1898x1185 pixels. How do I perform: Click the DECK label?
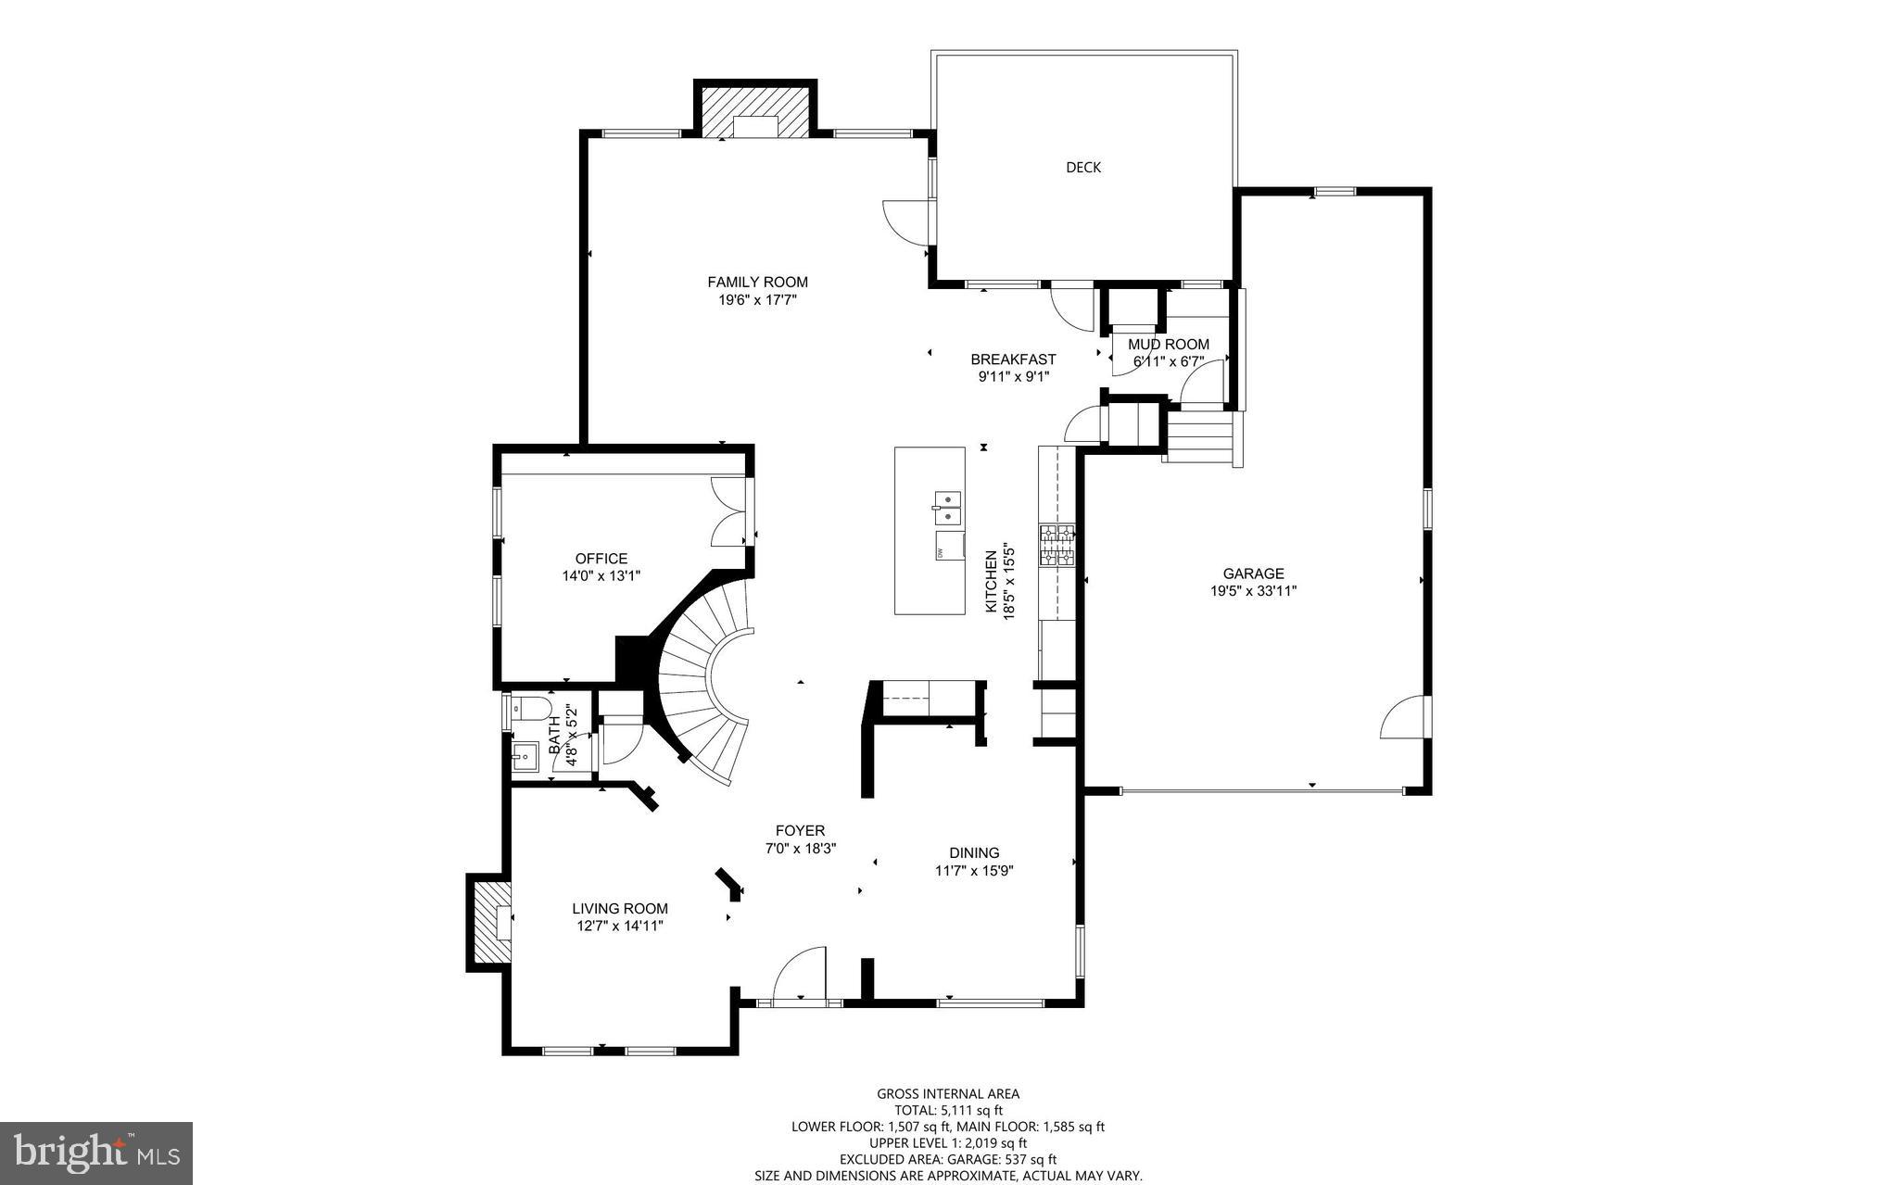(x=1082, y=168)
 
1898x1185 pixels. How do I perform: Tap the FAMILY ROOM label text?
(x=757, y=283)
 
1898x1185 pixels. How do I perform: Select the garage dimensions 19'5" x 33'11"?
(x=1253, y=590)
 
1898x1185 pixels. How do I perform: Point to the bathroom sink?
(x=525, y=755)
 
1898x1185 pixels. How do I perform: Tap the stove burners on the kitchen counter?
(x=1057, y=546)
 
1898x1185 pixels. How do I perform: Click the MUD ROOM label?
(x=1168, y=345)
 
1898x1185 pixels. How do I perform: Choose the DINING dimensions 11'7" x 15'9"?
(x=974, y=871)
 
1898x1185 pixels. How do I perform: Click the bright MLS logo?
(x=96, y=1153)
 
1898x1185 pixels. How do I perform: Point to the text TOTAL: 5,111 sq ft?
(x=948, y=1110)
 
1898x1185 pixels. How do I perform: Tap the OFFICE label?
(x=601, y=559)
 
